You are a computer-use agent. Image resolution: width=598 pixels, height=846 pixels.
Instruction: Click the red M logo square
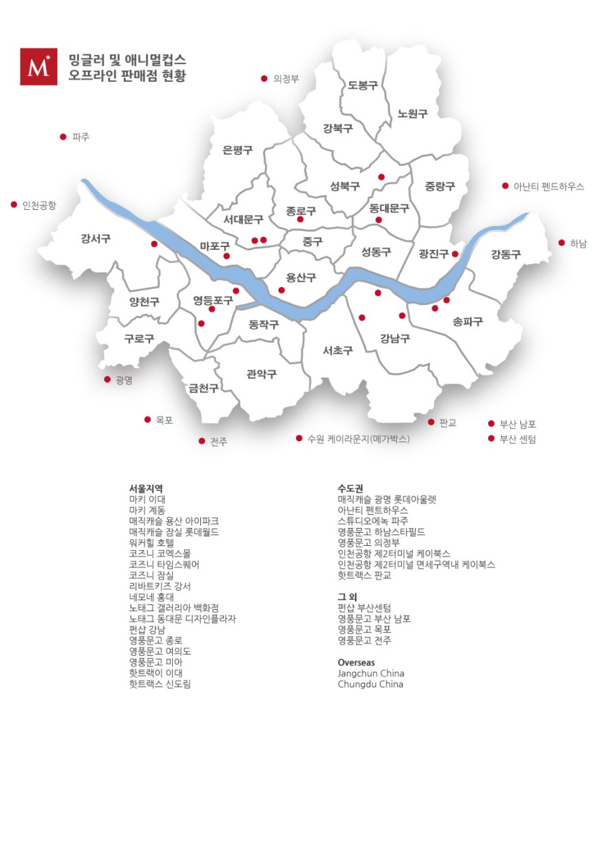pos(39,67)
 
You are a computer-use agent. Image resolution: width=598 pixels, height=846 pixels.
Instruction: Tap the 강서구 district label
pos(96,239)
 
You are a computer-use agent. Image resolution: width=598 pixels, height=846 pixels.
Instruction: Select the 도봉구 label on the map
pos(363,85)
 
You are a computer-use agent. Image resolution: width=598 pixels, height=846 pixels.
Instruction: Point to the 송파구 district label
pos(468,321)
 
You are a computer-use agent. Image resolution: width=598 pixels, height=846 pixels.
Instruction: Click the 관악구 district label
pos(261,374)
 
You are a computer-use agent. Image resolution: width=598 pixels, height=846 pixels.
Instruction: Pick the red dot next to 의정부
pos(264,78)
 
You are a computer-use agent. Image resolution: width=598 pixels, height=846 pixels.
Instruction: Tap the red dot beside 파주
pos(63,137)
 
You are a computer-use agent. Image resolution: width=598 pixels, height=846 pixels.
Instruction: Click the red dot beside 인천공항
pos(14,204)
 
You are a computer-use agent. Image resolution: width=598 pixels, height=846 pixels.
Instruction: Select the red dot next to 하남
pos(562,242)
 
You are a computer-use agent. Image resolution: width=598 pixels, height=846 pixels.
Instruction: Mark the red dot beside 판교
pos(431,422)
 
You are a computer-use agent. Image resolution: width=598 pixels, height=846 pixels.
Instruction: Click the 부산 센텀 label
pos(517,439)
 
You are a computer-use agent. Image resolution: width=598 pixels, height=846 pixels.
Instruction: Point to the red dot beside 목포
pos(147,419)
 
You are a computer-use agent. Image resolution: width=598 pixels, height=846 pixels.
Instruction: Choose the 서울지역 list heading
pos(146,489)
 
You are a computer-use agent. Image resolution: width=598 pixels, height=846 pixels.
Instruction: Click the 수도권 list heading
pos(350,489)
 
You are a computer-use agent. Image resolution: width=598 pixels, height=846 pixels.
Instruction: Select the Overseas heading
pos(356,662)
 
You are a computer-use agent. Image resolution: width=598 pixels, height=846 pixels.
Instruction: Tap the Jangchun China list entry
pos(371,673)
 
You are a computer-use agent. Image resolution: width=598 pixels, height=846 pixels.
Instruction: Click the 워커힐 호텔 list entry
pos(151,542)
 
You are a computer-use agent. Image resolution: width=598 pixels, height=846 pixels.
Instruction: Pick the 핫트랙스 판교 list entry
pos(365,575)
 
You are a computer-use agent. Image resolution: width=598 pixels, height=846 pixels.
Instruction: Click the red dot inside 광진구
pos(455,254)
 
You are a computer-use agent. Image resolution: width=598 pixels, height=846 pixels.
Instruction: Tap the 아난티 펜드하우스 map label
pos(548,187)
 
